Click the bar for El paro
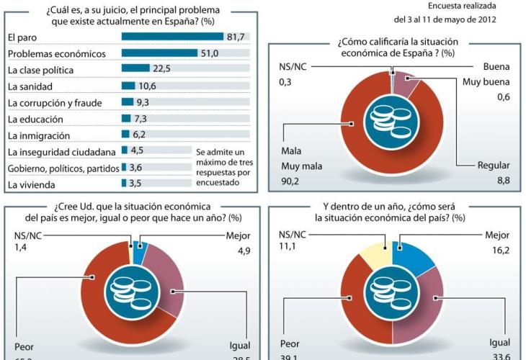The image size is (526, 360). pyautogui.click(x=173, y=37)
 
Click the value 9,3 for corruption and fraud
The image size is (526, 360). pyautogui.click(x=143, y=102)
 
